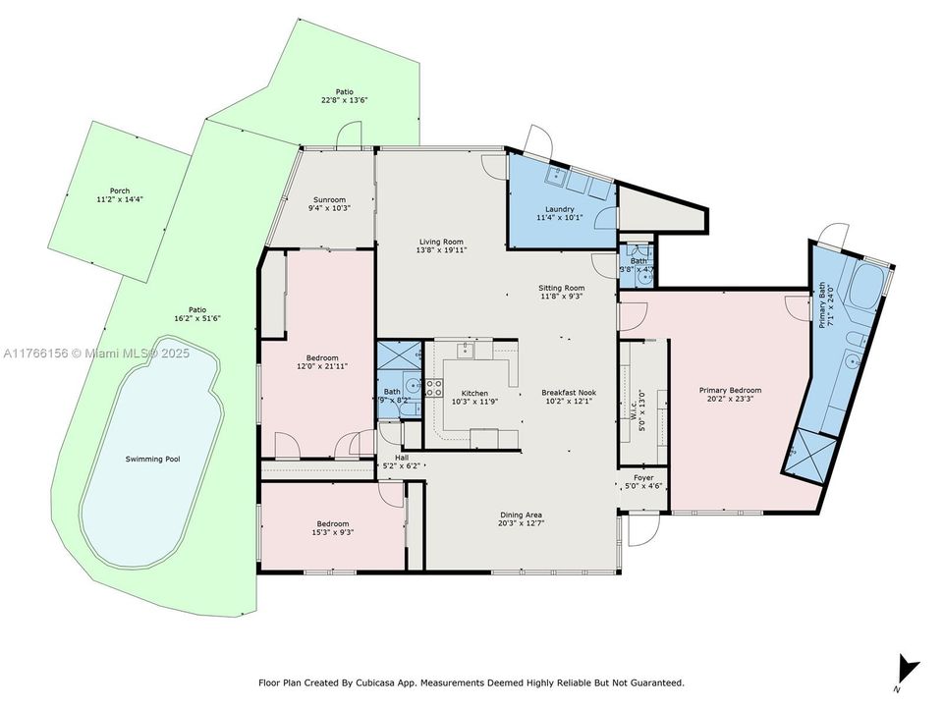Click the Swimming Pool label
pos(153,460)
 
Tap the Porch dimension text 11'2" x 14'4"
pos(120,199)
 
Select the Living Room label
pos(441,242)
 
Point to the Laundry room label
pos(559,209)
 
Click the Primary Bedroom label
pos(730,390)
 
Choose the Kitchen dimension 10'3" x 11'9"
pos(474,402)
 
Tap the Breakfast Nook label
pos(569,393)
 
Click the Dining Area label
pos(521,515)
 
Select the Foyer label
pos(643,478)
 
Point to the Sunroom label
pos(329,199)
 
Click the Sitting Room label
pos(561,288)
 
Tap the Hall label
pos(402,458)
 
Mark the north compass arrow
pos(907,669)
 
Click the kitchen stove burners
pos(434,388)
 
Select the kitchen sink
pos(466,350)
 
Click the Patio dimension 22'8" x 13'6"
pos(344,100)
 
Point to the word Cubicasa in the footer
pos(373,683)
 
